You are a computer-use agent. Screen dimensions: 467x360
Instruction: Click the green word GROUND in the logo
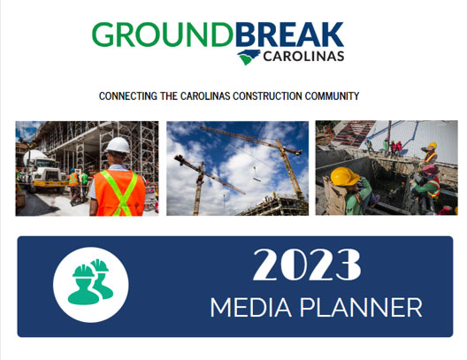[x=163, y=34]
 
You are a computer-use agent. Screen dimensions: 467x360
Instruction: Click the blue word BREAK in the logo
[x=290, y=34]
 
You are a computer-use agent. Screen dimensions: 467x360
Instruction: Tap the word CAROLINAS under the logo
[x=303, y=56]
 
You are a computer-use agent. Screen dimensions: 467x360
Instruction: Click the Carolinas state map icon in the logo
[x=249, y=57]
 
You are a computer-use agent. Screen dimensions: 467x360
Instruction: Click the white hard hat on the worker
[x=118, y=145]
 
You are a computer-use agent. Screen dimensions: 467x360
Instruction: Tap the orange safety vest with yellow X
[x=119, y=193]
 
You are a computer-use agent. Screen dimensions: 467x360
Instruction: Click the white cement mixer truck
[x=42, y=171]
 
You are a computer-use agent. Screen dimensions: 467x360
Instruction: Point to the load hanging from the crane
[x=256, y=179]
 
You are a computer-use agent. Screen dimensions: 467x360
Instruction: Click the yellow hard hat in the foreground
[x=345, y=176]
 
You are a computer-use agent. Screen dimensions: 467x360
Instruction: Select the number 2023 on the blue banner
[x=307, y=265]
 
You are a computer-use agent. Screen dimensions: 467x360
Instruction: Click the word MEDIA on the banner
[x=251, y=307]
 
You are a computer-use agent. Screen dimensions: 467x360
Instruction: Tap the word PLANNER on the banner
[x=361, y=307]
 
